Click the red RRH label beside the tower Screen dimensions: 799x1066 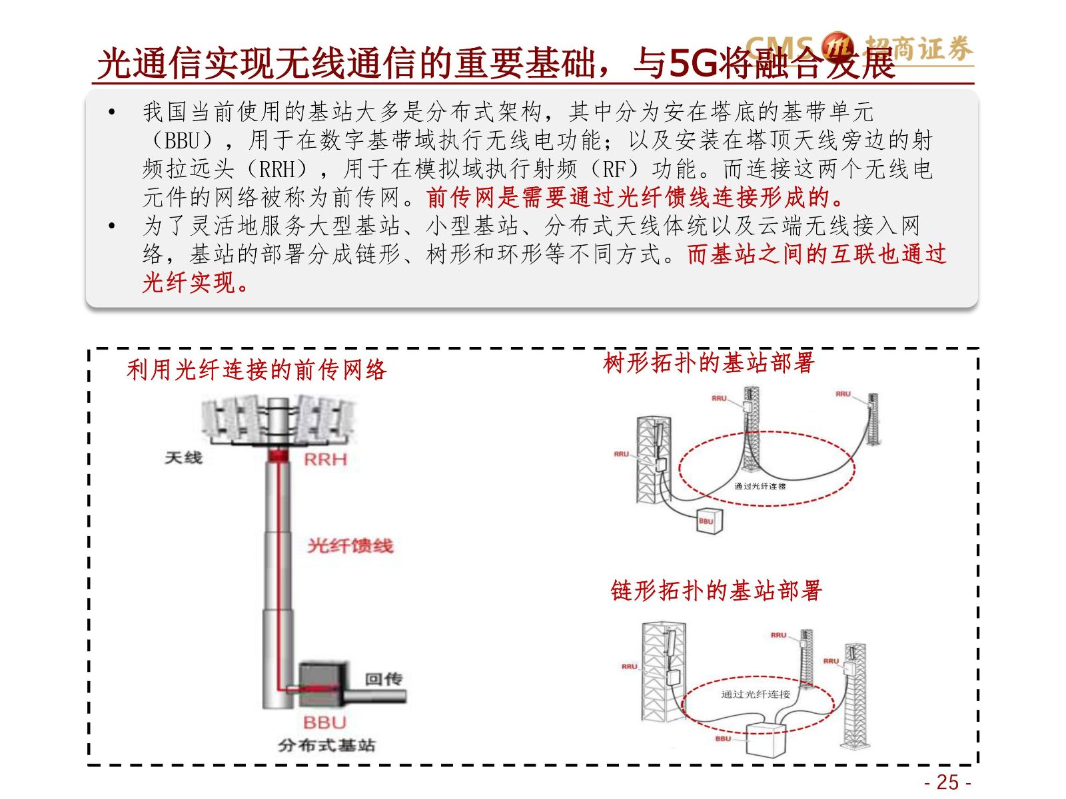(325, 459)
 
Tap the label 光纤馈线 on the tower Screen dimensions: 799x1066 (350, 546)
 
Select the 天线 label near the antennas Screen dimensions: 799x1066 (183, 457)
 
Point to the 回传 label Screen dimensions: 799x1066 (383, 678)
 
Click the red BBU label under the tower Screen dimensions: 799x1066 (324, 722)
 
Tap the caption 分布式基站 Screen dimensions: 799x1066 (326, 745)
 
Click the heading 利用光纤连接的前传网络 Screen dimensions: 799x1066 (257, 370)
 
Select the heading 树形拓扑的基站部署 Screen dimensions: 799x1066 (708, 363)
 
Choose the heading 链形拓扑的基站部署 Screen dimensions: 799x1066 (716, 591)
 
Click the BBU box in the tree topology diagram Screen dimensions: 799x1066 (706, 521)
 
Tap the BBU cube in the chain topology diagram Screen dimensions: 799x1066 (766, 738)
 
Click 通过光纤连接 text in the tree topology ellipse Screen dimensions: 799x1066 (760, 486)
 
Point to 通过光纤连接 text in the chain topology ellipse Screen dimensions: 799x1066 (756, 694)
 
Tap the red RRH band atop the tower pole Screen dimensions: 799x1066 (278, 456)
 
